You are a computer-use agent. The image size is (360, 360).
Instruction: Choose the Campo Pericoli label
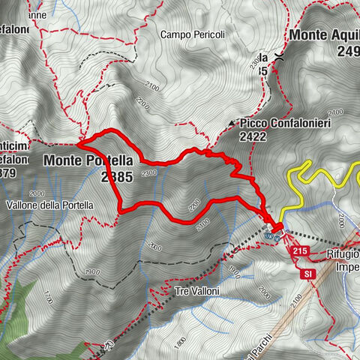pos(190,34)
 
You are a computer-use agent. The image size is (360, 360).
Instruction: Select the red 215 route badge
pos(301,250)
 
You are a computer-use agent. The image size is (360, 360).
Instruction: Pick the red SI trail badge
pos(308,274)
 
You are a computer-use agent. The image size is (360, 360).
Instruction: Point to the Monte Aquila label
pos(324,34)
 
